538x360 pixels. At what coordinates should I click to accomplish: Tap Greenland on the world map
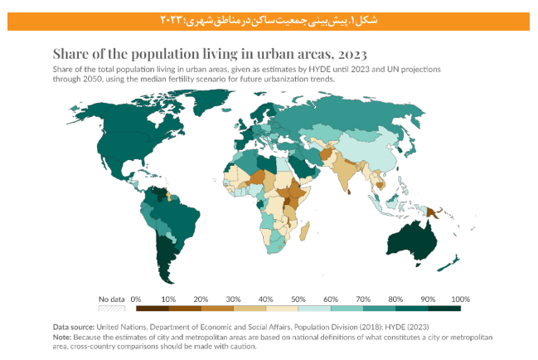[217, 110]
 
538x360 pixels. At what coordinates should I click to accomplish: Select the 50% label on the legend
[298, 299]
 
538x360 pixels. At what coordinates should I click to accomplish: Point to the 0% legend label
[136, 299]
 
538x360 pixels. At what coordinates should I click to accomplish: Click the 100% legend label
[460, 299]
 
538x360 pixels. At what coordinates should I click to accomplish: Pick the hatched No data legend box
[111, 309]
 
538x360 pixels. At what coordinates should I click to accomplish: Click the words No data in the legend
[111, 299]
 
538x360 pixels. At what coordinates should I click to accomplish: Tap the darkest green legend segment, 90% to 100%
[444, 309]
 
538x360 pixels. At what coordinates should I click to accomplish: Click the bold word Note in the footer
[62, 337]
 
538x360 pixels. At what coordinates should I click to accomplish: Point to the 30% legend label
[233, 299]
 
